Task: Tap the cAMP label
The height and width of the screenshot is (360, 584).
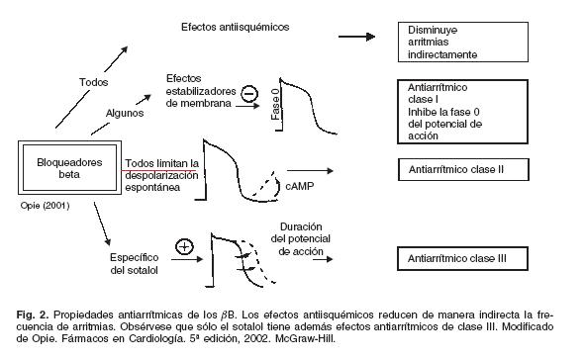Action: pos(300,186)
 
